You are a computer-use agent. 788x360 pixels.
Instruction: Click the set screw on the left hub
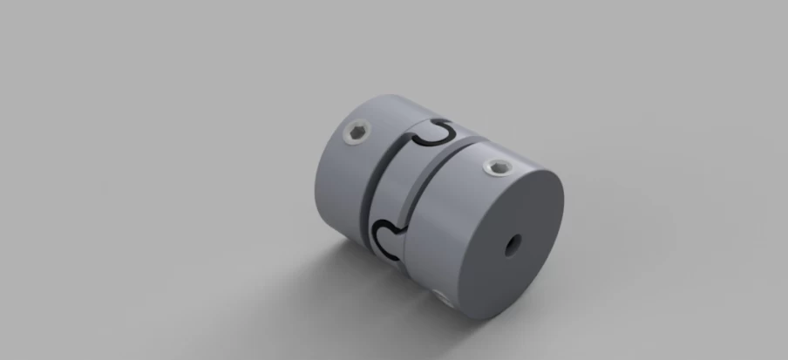coord(357,133)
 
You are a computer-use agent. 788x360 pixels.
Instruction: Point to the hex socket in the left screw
coord(357,133)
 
